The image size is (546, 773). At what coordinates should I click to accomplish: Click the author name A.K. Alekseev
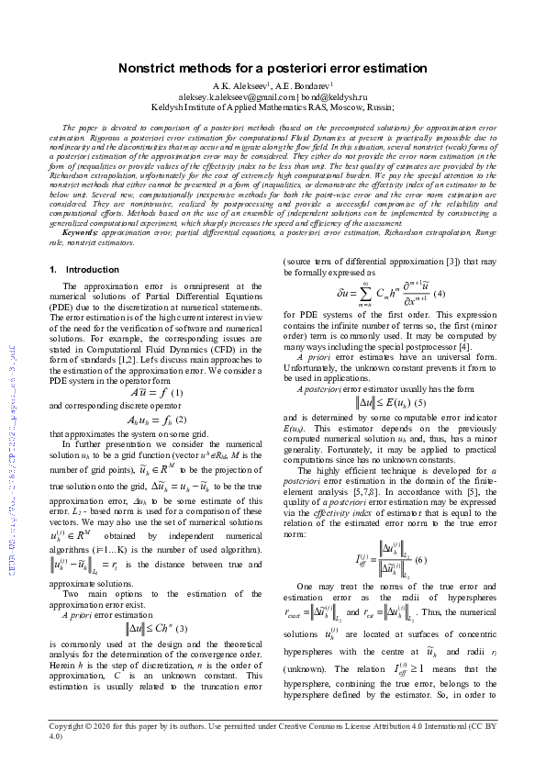(232, 85)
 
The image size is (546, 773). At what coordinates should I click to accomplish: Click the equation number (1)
(177, 393)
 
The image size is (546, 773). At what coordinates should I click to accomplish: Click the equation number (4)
(439, 293)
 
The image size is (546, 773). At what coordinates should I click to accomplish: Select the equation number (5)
(420, 402)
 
